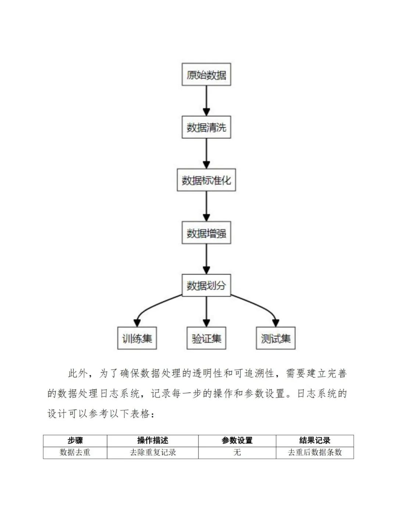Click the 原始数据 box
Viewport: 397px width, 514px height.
(x=206, y=75)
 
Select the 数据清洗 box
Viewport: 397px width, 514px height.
(x=206, y=127)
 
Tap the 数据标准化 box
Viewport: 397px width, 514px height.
(x=206, y=180)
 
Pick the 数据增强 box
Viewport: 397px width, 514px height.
(x=206, y=233)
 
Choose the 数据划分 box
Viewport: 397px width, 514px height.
(x=206, y=285)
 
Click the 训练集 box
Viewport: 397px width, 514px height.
(x=137, y=338)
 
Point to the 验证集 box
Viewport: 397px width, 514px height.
(x=206, y=338)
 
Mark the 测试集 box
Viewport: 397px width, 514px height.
(x=276, y=338)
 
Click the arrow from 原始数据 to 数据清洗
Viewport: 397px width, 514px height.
(x=206, y=101)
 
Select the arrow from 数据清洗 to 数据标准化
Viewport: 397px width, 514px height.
(x=206, y=153)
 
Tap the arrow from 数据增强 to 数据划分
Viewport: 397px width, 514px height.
(x=206, y=259)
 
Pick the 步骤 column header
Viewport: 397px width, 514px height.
(x=75, y=440)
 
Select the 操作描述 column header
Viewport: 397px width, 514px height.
(x=153, y=440)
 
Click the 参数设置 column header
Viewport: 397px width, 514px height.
(x=237, y=440)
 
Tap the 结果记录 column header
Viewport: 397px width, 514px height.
(x=315, y=440)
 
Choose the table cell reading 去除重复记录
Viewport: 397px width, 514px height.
(x=153, y=452)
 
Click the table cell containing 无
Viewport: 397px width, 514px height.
(x=237, y=452)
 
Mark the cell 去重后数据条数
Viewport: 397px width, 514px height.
(x=315, y=452)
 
